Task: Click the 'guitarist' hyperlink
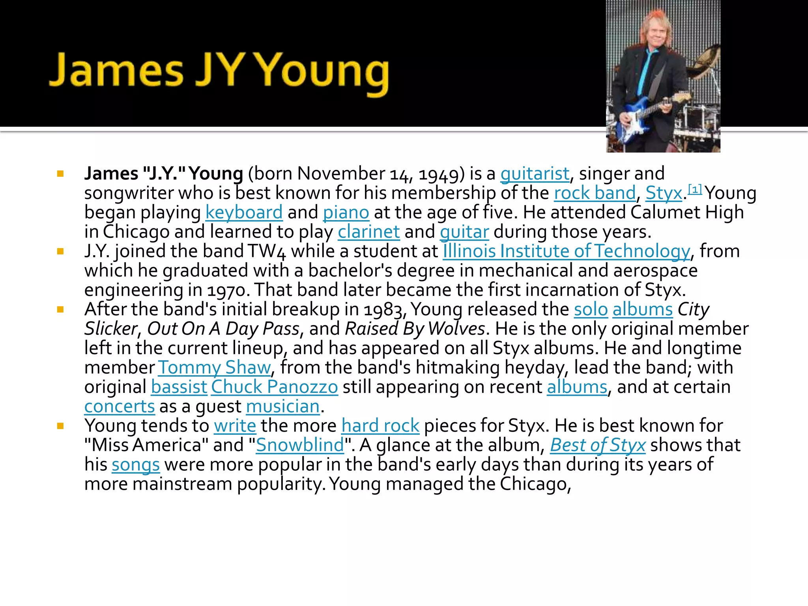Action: (535, 174)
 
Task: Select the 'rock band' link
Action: (595, 193)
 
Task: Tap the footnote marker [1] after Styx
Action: (695, 189)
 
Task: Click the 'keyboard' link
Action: (244, 213)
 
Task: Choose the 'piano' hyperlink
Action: (346, 213)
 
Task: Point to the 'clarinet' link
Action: (368, 232)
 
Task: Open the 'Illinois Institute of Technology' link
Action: (566, 251)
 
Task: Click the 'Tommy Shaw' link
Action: (214, 368)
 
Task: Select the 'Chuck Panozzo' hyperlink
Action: (274, 387)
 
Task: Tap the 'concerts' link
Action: (120, 407)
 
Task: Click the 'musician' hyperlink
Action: (282, 407)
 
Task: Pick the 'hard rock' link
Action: (380, 426)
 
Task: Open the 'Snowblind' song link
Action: (300, 445)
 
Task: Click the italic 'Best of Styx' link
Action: (597, 445)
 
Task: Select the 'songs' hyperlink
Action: (135, 465)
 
